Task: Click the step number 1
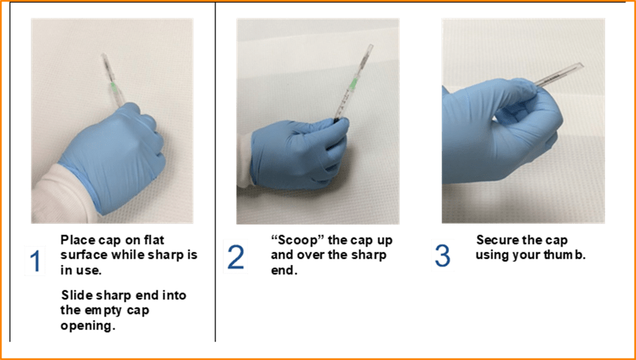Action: coord(35,261)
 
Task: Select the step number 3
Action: coord(442,256)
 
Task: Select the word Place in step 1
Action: coord(77,240)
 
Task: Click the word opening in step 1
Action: coord(88,326)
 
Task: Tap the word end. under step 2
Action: coord(284,271)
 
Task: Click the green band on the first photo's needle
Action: coord(114,87)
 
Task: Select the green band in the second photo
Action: coord(353,84)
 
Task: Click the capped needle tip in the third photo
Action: coord(581,65)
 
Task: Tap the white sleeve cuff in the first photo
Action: coord(61,200)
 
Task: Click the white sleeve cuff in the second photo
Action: coord(245,161)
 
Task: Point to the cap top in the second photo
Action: coord(370,47)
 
